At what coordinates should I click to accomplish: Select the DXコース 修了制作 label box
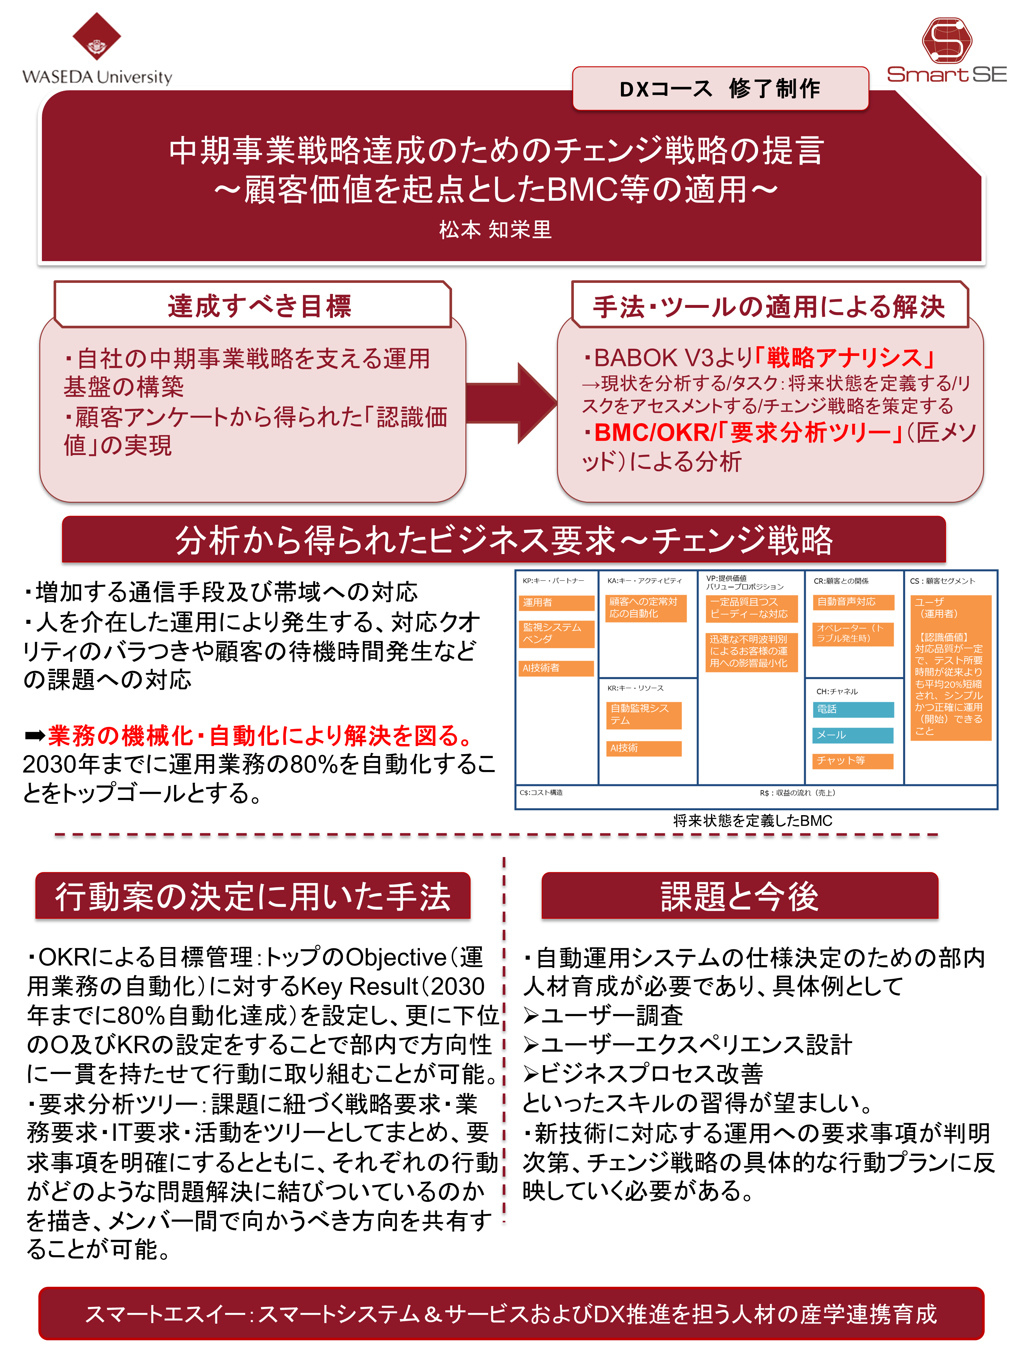coord(720,89)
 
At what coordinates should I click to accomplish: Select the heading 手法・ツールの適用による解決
coord(769,307)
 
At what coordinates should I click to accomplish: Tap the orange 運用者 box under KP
coord(556,602)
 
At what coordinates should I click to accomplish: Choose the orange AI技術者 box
coord(556,668)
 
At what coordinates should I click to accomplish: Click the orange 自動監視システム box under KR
coord(644,715)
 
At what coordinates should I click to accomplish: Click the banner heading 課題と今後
coord(739,896)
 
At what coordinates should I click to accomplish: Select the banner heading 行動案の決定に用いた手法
coord(253,896)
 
